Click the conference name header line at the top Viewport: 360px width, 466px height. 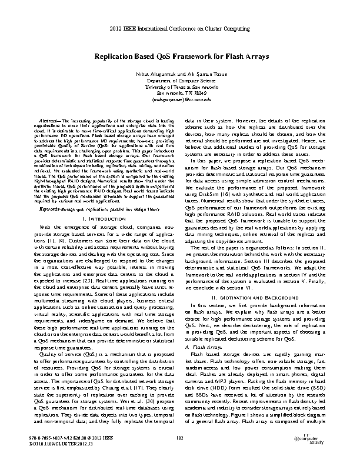coord(180,28)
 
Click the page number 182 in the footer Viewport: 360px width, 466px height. coord(180,437)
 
